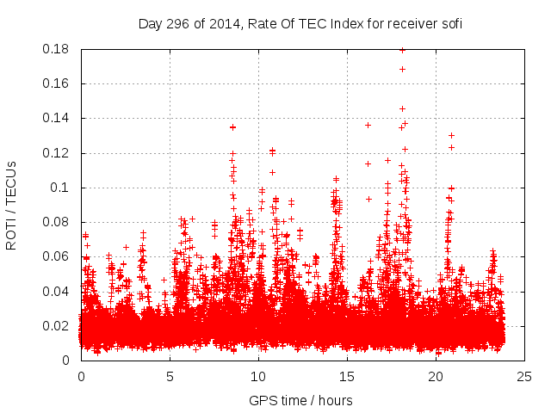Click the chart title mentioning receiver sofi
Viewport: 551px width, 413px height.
[x=300, y=24]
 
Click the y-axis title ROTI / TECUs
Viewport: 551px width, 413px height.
[x=12, y=204]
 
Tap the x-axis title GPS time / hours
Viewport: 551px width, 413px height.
[x=300, y=400]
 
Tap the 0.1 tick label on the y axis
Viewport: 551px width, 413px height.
[x=63, y=188]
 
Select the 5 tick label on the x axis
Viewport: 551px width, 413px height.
[x=170, y=376]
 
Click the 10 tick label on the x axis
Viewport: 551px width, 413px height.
[x=258, y=376]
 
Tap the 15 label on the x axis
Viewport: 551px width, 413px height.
[x=347, y=376]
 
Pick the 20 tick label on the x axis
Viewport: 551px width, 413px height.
[x=436, y=376]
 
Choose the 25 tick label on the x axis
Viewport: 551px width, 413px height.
[x=524, y=376]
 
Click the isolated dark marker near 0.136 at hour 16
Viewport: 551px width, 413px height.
[x=368, y=126]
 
